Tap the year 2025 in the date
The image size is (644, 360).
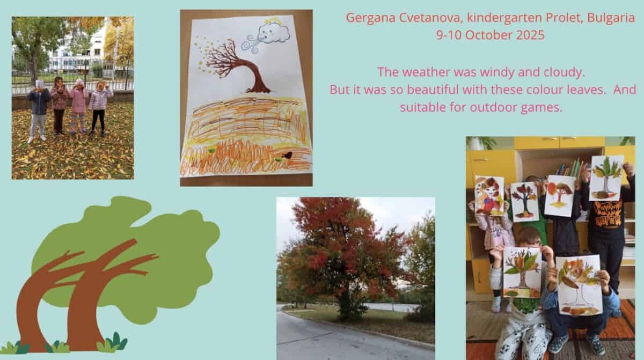[x=530, y=35]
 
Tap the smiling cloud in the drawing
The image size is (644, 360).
[x=273, y=33]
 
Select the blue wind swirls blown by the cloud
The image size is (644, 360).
[x=251, y=43]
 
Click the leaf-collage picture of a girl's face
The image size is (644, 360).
[x=489, y=195]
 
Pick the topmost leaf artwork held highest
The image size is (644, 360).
[x=606, y=178]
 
